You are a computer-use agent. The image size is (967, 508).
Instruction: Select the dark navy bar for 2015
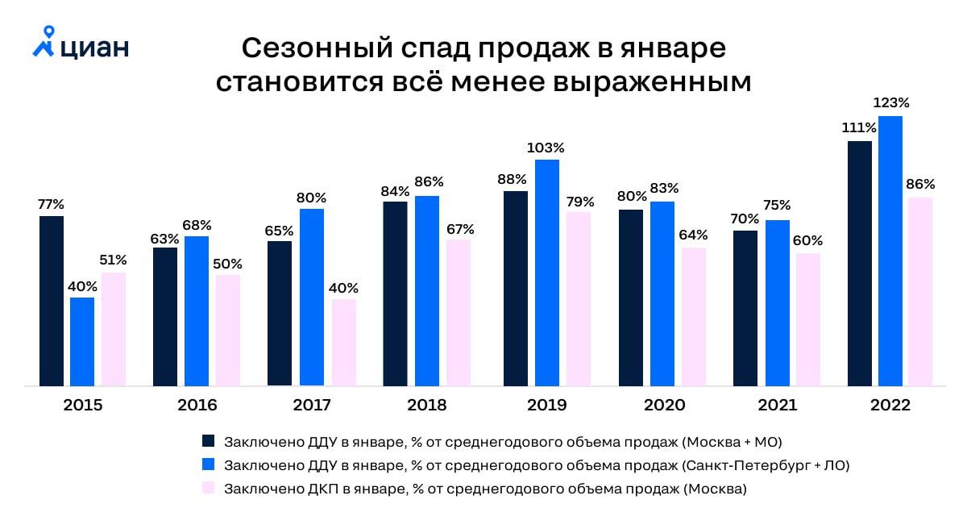pos(52,301)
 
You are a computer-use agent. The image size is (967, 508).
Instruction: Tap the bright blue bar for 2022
pos(890,251)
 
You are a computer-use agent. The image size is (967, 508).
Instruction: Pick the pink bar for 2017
pos(344,343)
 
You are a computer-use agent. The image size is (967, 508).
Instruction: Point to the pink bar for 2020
pos(693,317)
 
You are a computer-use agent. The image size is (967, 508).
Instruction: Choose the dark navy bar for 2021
pos(745,308)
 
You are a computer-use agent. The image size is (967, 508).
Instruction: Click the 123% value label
pos(892,103)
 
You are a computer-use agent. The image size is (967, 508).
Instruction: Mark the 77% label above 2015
pos(51,204)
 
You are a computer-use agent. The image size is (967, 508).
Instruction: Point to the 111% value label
pos(859,128)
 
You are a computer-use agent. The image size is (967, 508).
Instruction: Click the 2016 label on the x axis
pos(197,405)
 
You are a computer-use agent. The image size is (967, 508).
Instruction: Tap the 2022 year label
pos(890,405)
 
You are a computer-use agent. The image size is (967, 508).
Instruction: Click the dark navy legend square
pos(209,441)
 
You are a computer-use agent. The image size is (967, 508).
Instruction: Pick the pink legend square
pos(209,488)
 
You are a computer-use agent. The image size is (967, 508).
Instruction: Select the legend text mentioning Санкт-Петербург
pos(537,464)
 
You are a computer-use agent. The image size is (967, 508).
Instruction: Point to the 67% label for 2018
pos(460,228)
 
